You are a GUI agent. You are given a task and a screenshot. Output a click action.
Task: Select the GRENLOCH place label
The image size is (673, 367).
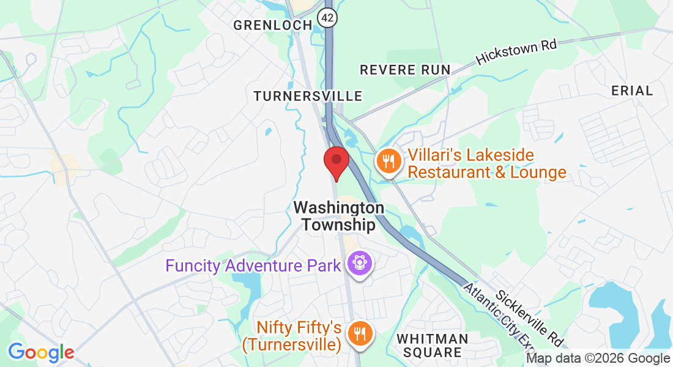pos(273,25)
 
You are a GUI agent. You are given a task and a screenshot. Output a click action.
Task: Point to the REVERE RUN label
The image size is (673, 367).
pos(405,70)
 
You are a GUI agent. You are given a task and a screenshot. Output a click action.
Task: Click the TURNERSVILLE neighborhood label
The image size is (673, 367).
pos(308,96)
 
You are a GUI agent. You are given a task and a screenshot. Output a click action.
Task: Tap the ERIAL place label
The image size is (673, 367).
pos(632,91)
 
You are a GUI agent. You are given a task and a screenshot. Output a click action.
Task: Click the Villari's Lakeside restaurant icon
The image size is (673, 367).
pos(388,162)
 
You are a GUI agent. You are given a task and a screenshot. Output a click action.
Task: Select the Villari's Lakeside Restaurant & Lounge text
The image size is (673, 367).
pos(486,164)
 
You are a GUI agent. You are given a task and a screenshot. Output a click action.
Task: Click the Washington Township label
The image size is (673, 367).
pos(338,216)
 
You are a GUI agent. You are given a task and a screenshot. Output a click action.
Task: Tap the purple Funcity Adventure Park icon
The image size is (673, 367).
pos(359,264)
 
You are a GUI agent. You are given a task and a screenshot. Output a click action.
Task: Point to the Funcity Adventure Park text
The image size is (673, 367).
pos(253,266)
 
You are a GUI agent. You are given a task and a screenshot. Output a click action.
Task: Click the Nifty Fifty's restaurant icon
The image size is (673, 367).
pos(359,334)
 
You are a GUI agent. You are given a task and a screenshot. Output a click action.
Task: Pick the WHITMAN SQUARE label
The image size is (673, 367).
pos(433,346)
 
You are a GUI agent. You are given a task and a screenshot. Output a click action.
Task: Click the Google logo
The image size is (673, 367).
pos(40,352)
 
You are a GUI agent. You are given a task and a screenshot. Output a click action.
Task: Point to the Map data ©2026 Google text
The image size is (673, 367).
pos(598,358)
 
